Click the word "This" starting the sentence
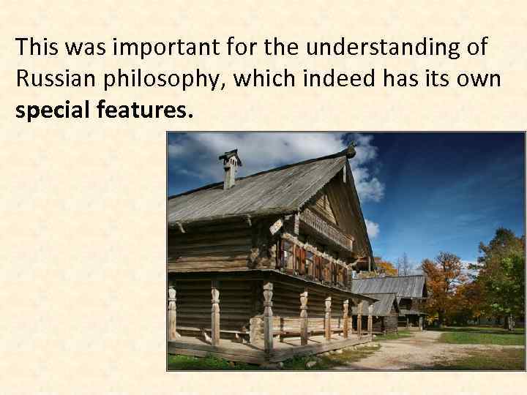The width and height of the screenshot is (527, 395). (x=37, y=48)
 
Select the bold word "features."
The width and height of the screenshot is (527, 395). (x=146, y=110)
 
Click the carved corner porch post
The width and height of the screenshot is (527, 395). (x=268, y=315)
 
